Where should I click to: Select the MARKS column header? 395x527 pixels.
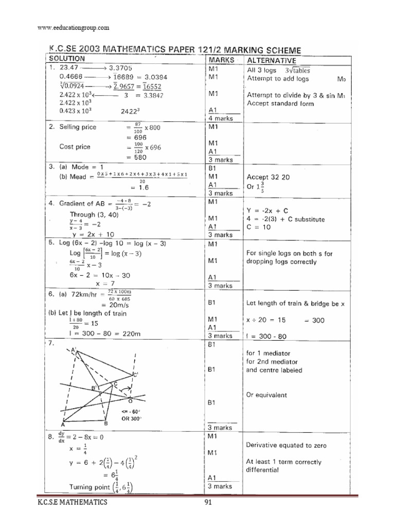[221, 60]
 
